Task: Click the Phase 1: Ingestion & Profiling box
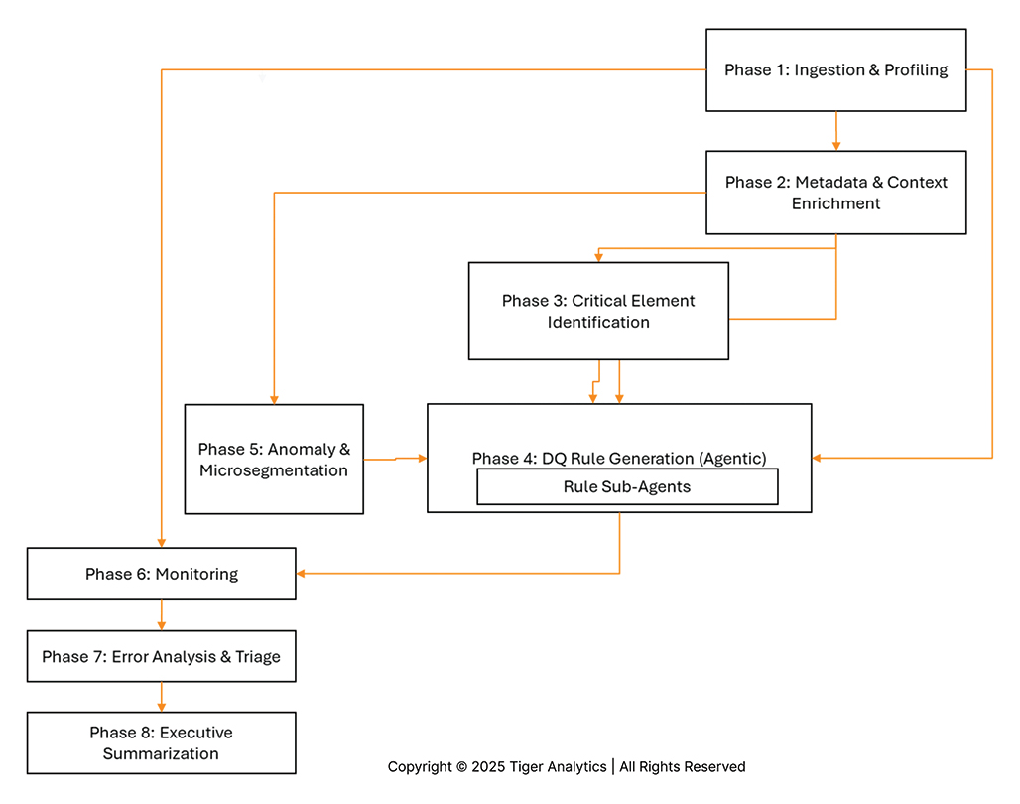pyautogui.click(x=835, y=69)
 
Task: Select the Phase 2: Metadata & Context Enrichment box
pyautogui.click(x=835, y=193)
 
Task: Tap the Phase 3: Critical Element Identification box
pyautogui.click(x=598, y=311)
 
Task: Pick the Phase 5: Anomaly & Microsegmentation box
pyautogui.click(x=274, y=459)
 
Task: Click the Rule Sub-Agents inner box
pyautogui.click(x=626, y=486)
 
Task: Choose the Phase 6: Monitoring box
pyautogui.click(x=161, y=574)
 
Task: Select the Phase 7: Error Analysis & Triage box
pyautogui.click(x=161, y=656)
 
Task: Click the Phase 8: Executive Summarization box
pyautogui.click(x=161, y=743)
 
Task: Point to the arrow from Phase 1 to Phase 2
pyautogui.click(x=836, y=131)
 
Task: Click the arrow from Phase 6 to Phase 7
pyautogui.click(x=161, y=615)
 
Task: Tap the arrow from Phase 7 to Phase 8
pyautogui.click(x=161, y=697)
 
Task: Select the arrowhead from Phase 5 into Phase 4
pyautogui.click(x=421, y=458)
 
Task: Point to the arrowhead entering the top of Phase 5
pyautogui.click(x=273, y=397)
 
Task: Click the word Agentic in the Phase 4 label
pyautogui.click(x=732, y=458)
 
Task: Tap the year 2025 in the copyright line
pyautogui.click(x=488, y=766)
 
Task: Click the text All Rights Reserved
pyautogui.click(x=683, y=766)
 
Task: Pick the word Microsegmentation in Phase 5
pyautogui.click(x=274, y=470)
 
